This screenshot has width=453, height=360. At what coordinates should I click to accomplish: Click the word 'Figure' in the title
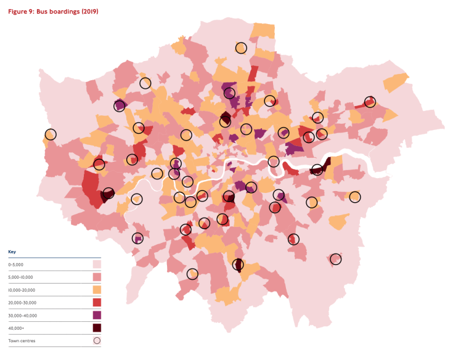coord(19,12)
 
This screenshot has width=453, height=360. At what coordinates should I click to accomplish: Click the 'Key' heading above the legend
coord(12,252)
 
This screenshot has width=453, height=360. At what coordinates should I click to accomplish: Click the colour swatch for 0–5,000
coord(97,264)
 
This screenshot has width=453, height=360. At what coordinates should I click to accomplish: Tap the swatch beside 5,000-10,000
coord(97,277)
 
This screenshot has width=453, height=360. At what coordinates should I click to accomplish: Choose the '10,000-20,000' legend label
coord(23,290)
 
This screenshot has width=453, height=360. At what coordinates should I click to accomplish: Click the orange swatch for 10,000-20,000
coord(97,290)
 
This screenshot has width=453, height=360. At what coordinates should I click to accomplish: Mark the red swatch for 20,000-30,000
coord(97,302)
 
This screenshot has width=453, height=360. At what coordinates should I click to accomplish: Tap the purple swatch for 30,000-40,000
coord(97,315)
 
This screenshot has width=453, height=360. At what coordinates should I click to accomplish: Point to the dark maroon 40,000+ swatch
coord(97,327)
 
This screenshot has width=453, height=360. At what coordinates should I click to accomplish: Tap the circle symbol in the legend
coord(97,340)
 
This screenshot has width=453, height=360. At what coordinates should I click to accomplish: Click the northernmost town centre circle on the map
coord(241,47)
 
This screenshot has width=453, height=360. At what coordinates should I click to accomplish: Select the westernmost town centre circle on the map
coord(50,134)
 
